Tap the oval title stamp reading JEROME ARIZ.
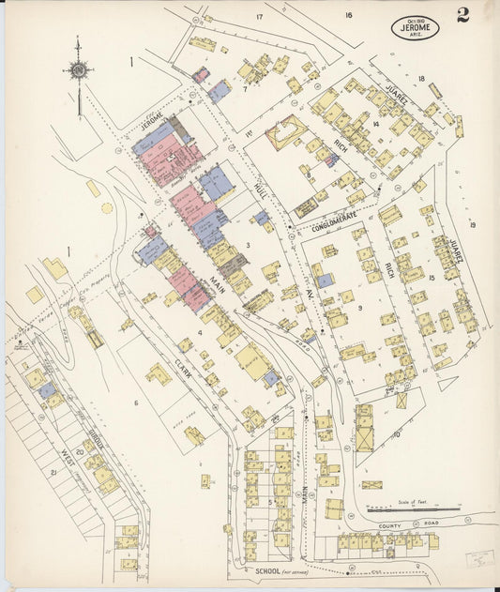[415, 28]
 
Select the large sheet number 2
[463, 14]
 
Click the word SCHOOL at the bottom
[267, 570]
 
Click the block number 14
[374, 124]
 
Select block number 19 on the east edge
[473, 224]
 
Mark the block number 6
[135, 403]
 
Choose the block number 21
[53, 473]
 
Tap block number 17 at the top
[259, 17]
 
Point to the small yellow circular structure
[107, 207]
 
